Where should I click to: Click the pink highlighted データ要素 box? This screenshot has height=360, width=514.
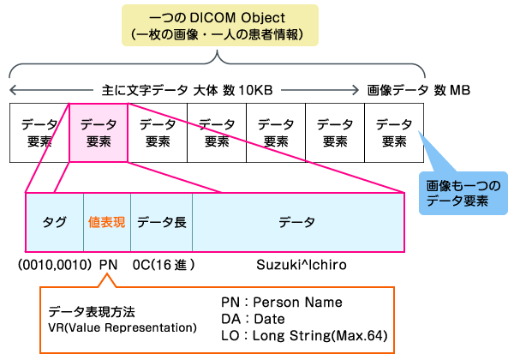(x=98, y=133)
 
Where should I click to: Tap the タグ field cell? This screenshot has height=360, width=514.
(x=55, y=222)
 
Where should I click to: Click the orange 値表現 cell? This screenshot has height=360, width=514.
(x=106, y=222)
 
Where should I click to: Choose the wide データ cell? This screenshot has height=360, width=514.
(x=297, y=222)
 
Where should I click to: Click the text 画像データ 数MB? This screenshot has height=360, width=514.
(x=418, y=89)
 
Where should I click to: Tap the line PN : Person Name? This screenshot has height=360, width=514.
(x=281, y=303)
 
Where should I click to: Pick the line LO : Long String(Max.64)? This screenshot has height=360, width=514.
(x=303, y=335)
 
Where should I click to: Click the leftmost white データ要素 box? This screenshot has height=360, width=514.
(x=39, y=133)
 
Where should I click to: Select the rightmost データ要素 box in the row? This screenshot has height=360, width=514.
(x=393, y=133)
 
